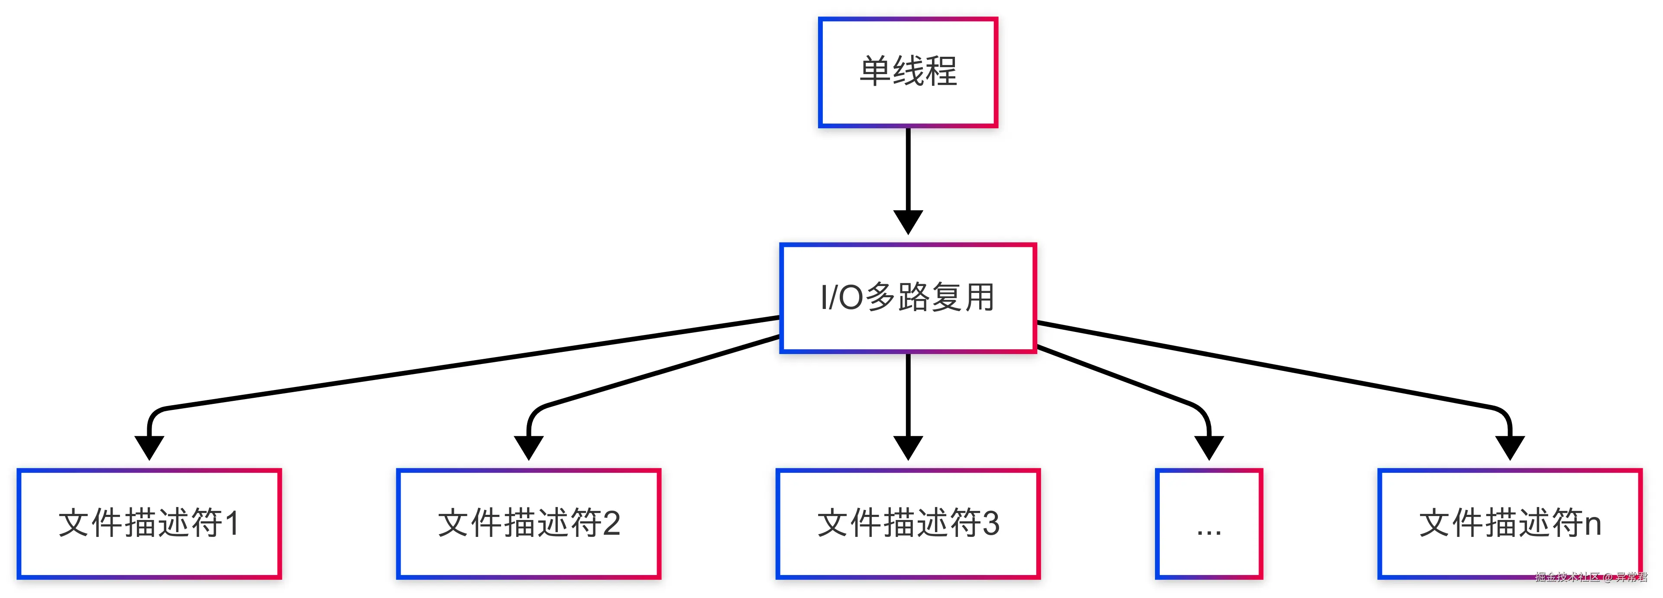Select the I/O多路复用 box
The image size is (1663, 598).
(x=908, y=298)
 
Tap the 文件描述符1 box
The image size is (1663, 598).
(x=149, y=523)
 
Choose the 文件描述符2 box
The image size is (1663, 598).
(x=528, y=523)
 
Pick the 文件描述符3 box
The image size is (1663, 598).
(x=908, y=523)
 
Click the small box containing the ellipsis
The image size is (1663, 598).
(x=1209, y=523)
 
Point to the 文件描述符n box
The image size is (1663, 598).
(x=1509, y=523)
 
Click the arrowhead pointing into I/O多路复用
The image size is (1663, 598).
(x=908, y=221)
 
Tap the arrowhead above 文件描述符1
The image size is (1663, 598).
(x=149, y=447)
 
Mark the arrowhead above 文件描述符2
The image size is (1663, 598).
(x=528, y=447)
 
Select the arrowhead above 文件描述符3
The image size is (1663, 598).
(x=908, y=447)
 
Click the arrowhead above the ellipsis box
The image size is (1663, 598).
(x=1209, y=447)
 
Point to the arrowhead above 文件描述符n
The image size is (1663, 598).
(x=1509, y=447)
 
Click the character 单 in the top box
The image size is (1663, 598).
(x=875, y=71)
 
